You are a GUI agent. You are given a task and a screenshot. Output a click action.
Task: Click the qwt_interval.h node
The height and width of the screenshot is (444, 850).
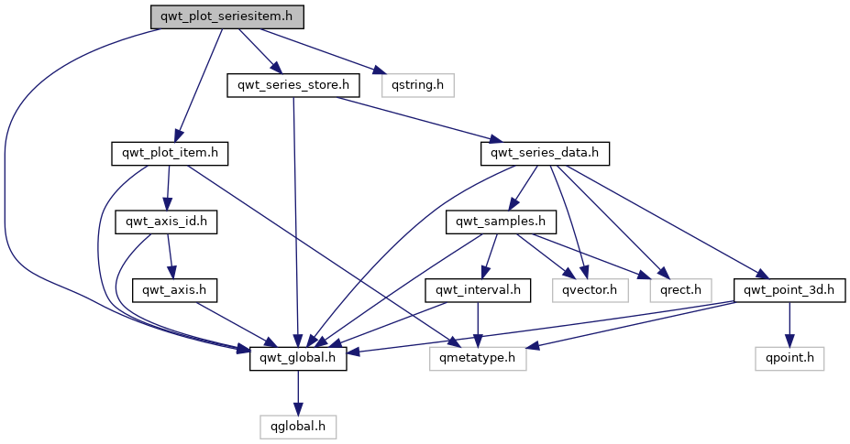[479, 290]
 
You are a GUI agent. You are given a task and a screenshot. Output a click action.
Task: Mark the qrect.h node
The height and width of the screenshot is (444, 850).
[680, 290]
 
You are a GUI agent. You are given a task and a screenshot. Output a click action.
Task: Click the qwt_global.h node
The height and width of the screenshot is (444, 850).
[299, 359]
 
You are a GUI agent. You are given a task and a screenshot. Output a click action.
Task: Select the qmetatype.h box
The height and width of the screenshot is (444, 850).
[478, 359]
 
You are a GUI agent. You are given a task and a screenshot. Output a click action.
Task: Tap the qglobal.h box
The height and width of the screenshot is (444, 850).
[298, 427]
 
